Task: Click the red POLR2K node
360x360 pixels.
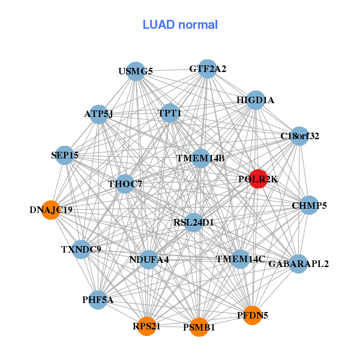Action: click(x=257, y=179)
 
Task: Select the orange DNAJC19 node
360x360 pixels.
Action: click(x=51, y=210)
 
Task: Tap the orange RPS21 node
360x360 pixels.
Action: click(x=146, y=326)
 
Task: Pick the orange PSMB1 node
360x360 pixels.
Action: click(x=199, y=327)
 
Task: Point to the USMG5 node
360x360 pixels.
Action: click(x=136, y=71)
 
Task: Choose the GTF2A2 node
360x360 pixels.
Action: click(x=207, y=69)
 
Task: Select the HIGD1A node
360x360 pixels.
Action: click(x=256, y=100)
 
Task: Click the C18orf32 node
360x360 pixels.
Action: click(x=299, y=136)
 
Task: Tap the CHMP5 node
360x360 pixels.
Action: click(x=309, y=206)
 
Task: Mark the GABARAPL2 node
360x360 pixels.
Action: click(x=298, y=263)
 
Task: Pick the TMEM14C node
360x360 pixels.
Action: click(x=240, y=259)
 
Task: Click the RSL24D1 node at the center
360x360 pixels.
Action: click(x=194, y=223)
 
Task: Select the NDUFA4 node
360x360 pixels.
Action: click(x=149, y=260)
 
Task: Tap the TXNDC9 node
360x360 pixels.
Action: click(x=81, y=249)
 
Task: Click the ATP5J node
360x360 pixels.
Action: click(x=98, y=113)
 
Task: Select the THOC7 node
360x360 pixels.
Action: click(x=125, y=184)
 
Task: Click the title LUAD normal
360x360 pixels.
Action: click(x=180, y=25)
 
